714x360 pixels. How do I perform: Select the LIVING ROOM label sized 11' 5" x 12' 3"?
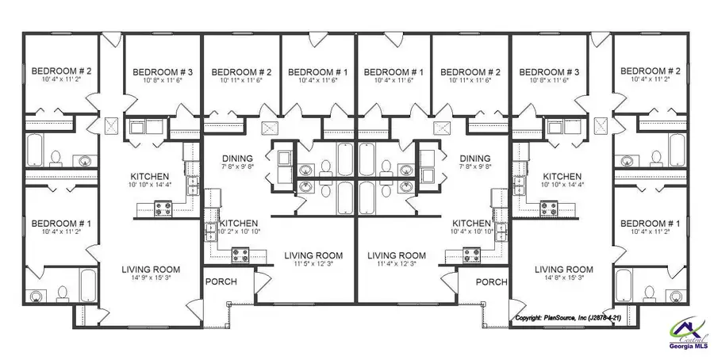pos(313,255)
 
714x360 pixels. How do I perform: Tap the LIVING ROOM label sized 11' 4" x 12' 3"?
pos(397,255)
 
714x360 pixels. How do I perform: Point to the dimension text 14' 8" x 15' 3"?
pos(563,279)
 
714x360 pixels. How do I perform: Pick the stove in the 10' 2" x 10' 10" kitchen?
pos(241,255)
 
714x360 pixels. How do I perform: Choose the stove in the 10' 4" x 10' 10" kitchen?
pos(470,255)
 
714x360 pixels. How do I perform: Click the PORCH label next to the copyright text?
pos(491,281)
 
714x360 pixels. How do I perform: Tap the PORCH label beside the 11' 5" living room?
pos(221,281)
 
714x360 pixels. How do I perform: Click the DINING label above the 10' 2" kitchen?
pos(237,158)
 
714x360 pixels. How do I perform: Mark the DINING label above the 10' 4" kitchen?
pos(475,158)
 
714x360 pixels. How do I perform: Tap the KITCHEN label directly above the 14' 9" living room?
pos(150,176)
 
